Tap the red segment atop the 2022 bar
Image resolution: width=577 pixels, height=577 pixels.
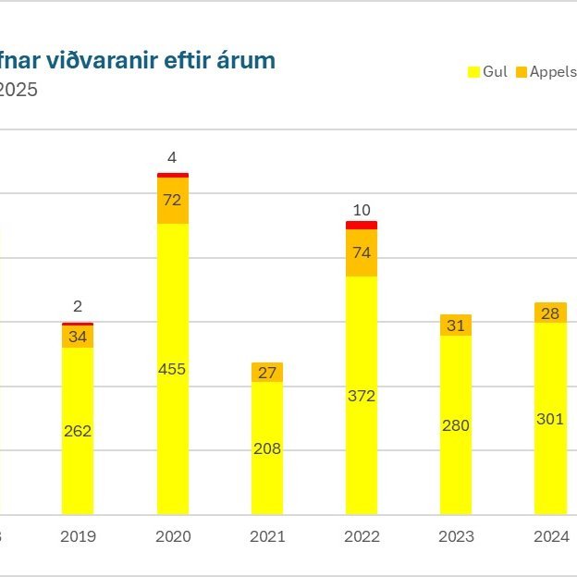pyautogui.click(x=362, y=225)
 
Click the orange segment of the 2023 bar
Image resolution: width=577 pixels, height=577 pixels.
pyautogui.click(x=456, y=325)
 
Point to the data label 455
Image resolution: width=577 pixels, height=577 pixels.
pyautogui.click(x=172, y=369)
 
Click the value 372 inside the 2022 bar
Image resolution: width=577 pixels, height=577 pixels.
pyautogui.click(x=362, y=396)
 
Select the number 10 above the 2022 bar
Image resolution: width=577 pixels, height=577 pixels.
pyautogui.click(x=362, y=210)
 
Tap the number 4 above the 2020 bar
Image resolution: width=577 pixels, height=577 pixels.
pyautogui.click(x=173, y=157)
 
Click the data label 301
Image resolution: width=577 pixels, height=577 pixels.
pyautogui.click(x=550, y=419)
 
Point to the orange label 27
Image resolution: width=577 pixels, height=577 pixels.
pyautogui.click(x=267, y=373)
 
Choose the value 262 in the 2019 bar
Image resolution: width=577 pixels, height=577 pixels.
pyautogui.click(x=78, y=431)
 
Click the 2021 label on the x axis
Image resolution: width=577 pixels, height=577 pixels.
pyautogui.click(x=267, y=536)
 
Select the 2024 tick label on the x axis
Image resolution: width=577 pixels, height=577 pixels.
pyautogui.click(x=550, y=536)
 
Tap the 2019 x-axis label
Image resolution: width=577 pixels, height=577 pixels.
pyautogui.click(x=78, y=536)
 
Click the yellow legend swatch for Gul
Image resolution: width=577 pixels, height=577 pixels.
pyautogui.click(x=475, y=72)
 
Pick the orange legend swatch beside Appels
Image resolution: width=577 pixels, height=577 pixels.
pyautogui.click(x=521, y=72)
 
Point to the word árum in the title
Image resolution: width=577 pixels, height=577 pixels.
pyautogui.click(x=249, y=61)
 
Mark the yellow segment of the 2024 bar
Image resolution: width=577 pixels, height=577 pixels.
pyautogui.click(x=550, y=462)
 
